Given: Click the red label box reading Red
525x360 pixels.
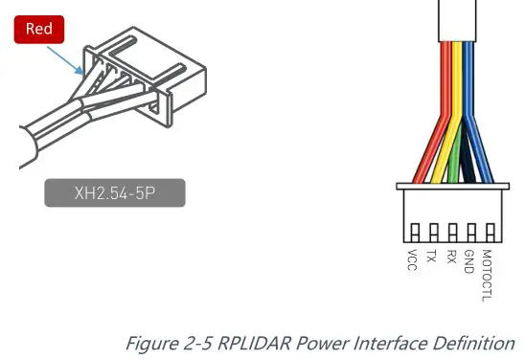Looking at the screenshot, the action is click(39, 29).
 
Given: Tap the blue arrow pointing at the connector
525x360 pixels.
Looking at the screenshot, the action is click(65, 60).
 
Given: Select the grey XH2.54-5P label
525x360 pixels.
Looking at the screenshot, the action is click(115, 192).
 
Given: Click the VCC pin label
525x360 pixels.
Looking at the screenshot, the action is click(412, 259).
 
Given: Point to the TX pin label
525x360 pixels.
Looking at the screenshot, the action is click(431, 256).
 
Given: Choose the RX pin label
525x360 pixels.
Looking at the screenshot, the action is click(451, 257).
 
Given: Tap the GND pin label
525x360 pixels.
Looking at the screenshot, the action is click(469, 261).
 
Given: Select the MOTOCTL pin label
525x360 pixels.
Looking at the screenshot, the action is click(488, 276).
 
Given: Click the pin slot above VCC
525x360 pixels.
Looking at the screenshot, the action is click(415, 233).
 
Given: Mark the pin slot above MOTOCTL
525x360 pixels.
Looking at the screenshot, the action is click(491, 233).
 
